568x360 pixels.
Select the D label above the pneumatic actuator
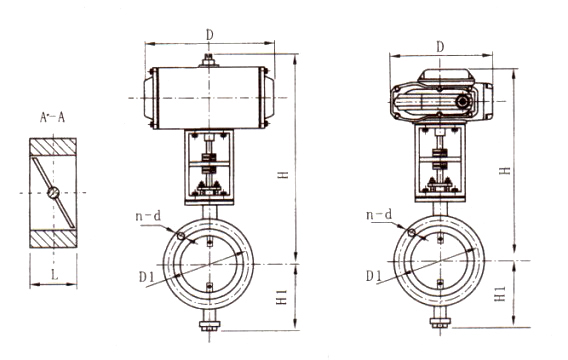[208, 34]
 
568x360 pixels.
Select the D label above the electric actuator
[440, 47]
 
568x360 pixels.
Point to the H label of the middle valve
[284, 174]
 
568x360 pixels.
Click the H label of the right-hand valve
[506, 171]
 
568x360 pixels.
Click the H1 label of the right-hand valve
[502, 296]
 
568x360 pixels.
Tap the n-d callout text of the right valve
[379, 215]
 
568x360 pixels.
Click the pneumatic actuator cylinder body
[207, 98]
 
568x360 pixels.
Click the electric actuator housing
[440, 101]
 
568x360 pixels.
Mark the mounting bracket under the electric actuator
[438, 165]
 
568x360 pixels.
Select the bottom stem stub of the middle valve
[209, 322]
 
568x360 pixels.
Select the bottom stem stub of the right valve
[438, 322]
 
